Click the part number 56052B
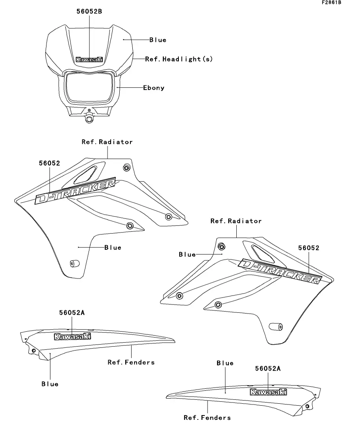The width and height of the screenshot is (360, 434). coord(89,11)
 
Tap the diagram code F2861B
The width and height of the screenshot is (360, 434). coord(332,2)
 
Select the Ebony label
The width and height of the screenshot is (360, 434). coord(154,88)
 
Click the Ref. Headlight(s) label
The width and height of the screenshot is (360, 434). coord(179,59)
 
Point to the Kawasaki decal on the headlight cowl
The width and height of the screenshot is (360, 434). coord(89,59)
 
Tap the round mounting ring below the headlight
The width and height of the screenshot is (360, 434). coord(89,118)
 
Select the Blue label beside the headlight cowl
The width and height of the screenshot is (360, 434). coord(158,40)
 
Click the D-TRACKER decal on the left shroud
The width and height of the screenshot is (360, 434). coord(75,191)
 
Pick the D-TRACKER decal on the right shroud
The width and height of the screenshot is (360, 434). coord(280,271)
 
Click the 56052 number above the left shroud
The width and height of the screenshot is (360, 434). coord(49,163)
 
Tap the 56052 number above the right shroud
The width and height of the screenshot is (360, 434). coord(309,248)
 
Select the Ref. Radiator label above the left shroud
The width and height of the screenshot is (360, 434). coord(107,142)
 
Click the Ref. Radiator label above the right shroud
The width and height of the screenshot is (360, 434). coord(236,221)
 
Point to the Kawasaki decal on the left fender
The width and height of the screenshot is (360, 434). coord(72,336)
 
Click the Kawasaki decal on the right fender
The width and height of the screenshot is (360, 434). coord(268,392)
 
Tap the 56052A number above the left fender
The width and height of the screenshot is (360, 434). coord(72,313)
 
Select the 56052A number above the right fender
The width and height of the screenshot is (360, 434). coord(268,368)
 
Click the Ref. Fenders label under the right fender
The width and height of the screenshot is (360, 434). coord(207,417)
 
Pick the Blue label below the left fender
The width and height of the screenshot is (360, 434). coord(50,384)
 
